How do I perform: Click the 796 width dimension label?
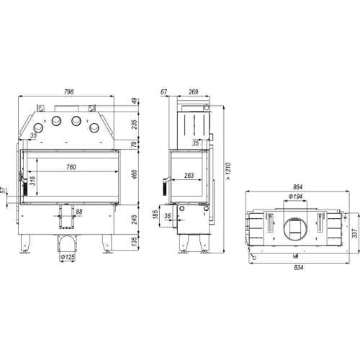68,91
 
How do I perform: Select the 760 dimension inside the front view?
71,167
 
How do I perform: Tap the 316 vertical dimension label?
33,181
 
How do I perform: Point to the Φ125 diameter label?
68,257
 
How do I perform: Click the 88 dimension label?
79,212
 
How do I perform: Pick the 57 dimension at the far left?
3,190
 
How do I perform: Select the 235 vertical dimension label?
135,125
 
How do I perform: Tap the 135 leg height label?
135,241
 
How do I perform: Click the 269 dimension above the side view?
194,91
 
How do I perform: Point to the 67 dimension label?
164,91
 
